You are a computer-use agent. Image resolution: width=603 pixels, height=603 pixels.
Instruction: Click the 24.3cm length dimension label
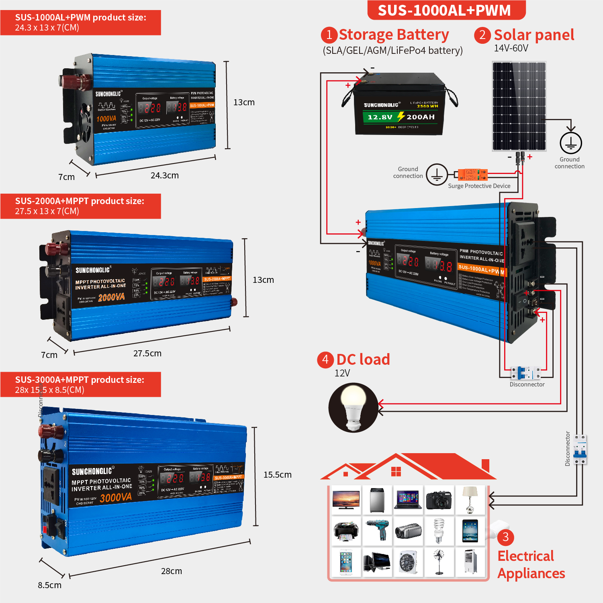point(164,176)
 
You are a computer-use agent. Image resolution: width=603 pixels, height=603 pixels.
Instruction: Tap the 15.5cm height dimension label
point(277,475)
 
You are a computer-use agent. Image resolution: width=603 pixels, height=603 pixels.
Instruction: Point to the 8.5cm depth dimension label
point(49,585)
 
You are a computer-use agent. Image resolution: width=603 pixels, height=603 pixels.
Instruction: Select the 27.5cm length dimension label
point(147,354)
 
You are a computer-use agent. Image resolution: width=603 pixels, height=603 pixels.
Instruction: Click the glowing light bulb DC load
point(353,407)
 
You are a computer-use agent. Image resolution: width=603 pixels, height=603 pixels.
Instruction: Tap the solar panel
point(519,106)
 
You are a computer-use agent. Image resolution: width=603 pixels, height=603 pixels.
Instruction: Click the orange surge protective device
point(473,175)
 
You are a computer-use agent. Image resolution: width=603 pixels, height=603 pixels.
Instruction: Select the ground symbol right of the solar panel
point(570,143)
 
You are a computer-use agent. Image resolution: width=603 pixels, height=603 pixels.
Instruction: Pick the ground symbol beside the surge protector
point(437,174)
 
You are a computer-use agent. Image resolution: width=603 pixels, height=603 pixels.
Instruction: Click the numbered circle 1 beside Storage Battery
point(329,35)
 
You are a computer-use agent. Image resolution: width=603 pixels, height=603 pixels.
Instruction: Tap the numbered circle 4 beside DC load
point(325,360)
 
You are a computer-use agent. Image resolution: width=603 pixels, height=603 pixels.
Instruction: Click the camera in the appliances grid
point(439,500)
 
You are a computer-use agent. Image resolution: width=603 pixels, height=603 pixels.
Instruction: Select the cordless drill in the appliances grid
point(377,530)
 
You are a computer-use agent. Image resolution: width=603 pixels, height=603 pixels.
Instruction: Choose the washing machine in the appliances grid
point(377,500)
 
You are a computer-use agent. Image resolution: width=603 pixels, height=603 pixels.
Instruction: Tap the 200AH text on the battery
point(420,117)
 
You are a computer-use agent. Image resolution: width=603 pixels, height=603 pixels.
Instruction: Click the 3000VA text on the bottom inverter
point(116,498)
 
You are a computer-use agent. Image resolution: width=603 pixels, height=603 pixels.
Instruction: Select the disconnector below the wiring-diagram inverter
point(526,373)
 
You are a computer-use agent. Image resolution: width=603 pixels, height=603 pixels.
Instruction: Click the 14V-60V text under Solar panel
point(511,48)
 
